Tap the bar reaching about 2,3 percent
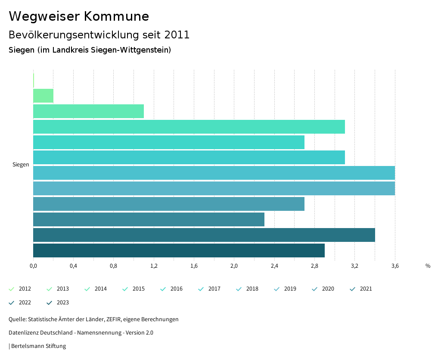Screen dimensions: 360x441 (149, 219)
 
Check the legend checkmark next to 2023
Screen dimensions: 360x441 (49, 303)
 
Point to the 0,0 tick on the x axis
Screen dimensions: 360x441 (33, 266)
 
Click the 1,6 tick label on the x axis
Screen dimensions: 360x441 (194, 266)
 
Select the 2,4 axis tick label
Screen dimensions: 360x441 (274, 266)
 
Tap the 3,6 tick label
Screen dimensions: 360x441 (395, 266)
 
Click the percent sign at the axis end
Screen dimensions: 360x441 (428, 266)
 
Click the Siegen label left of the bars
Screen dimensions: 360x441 (21, 165)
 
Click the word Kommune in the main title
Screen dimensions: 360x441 (116, 16)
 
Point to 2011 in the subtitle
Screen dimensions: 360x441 (177, 35)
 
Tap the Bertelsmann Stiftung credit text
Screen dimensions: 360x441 (38, 346)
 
